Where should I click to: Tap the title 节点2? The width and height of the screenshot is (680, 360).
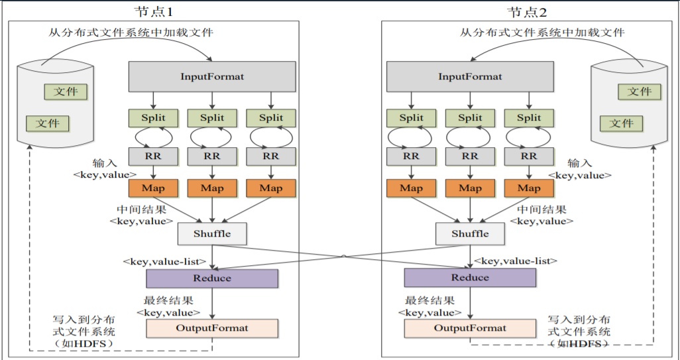pos(528,11)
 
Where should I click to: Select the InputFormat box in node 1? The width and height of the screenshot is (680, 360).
pos(212,77)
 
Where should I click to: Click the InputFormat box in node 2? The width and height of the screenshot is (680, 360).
pos(470,77)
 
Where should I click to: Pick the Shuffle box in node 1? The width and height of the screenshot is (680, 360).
pos(212,233)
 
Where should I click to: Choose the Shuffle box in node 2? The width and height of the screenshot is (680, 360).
pos(470,233)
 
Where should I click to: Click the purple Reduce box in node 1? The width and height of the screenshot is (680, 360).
pos(212,278)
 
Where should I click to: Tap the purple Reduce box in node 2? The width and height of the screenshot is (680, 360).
pos(470,278)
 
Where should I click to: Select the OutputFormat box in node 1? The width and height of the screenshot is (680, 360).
pos(212,328)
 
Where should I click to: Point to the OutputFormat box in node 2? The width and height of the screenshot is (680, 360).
pos(470,328)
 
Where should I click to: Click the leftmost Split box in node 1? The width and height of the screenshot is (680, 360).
pos(154,118)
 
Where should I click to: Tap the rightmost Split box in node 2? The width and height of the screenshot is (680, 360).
pos(528,118)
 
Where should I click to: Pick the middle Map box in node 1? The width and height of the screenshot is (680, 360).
pos(212,188)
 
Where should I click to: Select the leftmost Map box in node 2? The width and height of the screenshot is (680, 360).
pos(411,188)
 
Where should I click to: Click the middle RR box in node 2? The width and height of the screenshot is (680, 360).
pos(470,156)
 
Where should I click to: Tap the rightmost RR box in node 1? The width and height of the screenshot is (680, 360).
pos(270,156)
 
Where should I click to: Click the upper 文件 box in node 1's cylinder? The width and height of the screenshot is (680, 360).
pos(66,91)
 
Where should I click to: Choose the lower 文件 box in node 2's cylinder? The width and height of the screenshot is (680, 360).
pos(622,123)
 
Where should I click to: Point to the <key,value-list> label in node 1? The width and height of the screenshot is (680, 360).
pos(164,262)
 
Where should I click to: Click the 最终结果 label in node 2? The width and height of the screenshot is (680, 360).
pos(429,300)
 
